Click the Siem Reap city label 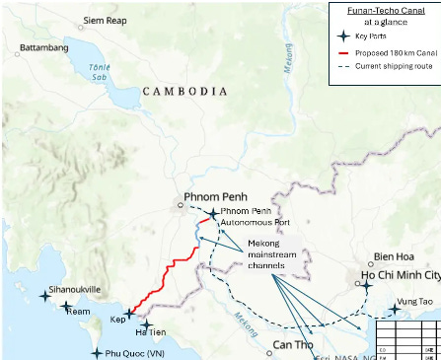108,20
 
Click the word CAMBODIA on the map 185,91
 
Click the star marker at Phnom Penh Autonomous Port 213,213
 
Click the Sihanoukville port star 44,295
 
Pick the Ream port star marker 66,308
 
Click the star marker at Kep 128,314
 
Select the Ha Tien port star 147,324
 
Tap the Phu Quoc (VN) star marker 96,352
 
